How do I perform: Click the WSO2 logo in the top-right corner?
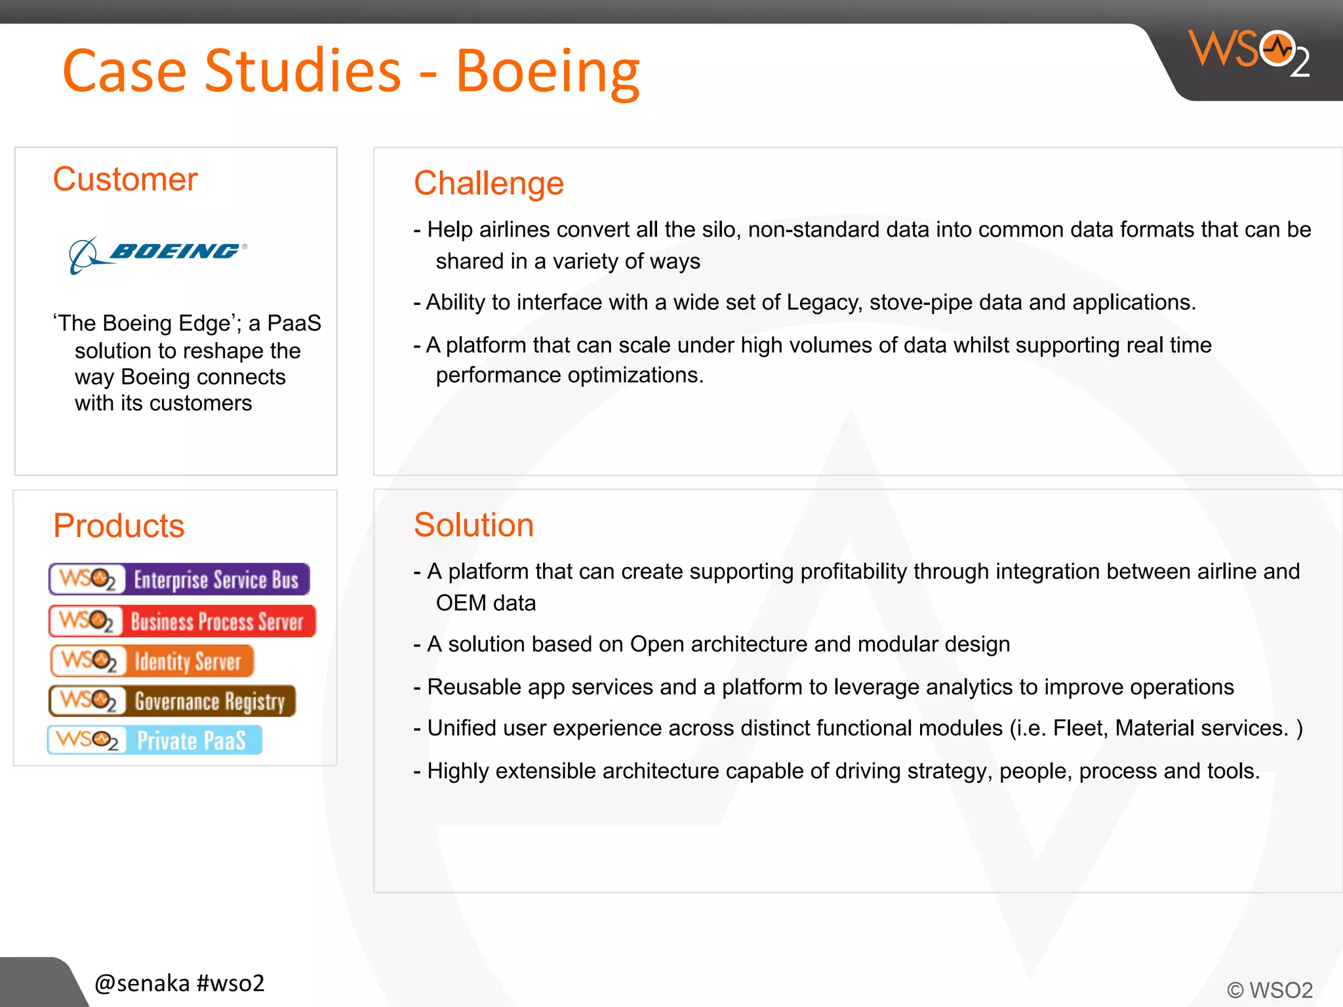click(1249, 52)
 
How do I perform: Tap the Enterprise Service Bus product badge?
click(179, 580)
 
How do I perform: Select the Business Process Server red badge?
click(182, 621)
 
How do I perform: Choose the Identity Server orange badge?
click(152, 661)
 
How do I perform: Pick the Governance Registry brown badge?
click(172, 701)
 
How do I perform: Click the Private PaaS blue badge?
click(155, 740)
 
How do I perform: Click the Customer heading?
click(125, 180)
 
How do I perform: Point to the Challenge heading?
click(489, 183)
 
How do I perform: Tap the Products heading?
click(119, 526)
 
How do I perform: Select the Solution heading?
click(473, 525)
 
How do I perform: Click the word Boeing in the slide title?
click(548, 71)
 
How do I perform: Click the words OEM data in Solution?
click(486, 603)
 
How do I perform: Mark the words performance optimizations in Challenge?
click(569, 376)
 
